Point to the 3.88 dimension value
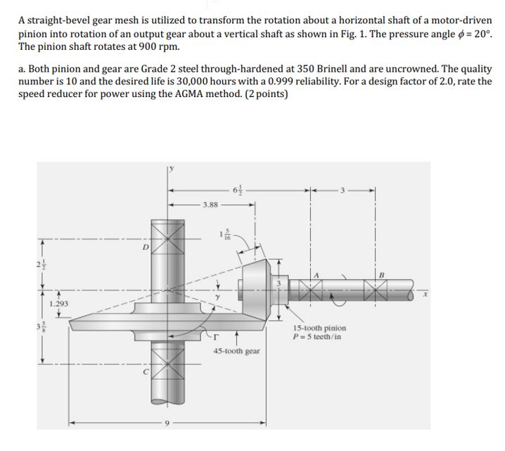[210, 206]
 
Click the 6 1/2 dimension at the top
[238, 190]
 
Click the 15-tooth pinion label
[321, 328]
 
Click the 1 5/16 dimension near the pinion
[223, 235]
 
